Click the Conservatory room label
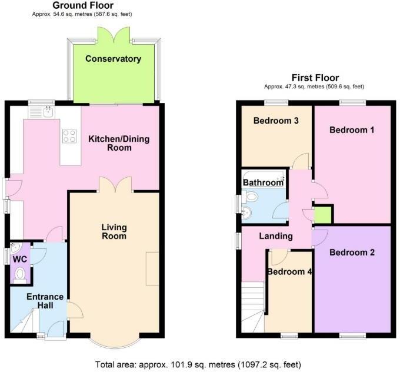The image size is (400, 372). [113, 59]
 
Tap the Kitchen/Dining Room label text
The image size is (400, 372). [119, 143]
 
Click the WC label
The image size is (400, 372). [19, 259]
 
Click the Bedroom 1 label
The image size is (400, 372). [352, 129]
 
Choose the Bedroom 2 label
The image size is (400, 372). [352, 253]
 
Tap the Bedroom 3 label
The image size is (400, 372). [276, 121]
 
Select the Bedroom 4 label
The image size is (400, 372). [289, 272]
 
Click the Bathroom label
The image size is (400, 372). [263, 182]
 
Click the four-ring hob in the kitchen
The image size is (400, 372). [69, 137]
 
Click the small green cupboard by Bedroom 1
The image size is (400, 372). [323, 214]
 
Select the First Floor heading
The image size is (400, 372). [315, 78]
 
